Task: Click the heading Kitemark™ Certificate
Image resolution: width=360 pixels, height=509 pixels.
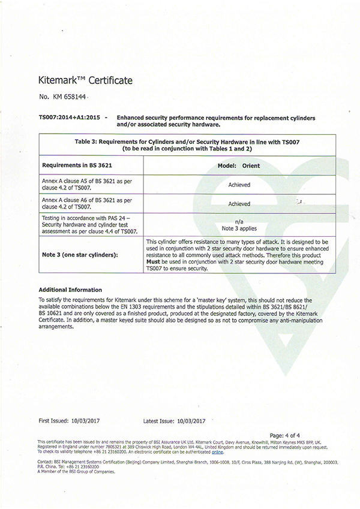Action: pyautogui.click(x=85, y=80)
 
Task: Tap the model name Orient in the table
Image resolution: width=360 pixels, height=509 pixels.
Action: pyautogui.click(x=251, y=165)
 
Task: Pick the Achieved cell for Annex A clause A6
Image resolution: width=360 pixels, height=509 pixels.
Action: pyautogui.click(x=239, y=204)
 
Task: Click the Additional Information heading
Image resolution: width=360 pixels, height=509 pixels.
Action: pyautogui.click(x=70, y=290)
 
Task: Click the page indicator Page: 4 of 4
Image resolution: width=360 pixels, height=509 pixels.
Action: pyautogui.click(x=285, y=435)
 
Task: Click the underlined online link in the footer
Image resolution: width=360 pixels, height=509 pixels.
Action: pyautogui.click(x=217, y=452)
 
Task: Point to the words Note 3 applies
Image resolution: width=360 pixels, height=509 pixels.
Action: pyautogui.click(x=239, y=227)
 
